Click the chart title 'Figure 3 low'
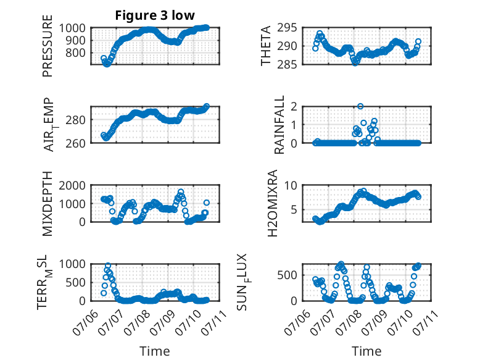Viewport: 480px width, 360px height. click(x=155, y=15)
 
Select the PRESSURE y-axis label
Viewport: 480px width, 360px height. click(x=48, y=46)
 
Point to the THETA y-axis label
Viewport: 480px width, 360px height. click(x=266, y=46)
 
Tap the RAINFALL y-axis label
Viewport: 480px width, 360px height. click(x=279, y=124)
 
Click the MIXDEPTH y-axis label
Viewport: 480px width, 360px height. click(x=48, y=203)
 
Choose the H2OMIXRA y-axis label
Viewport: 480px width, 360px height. click(x=272, y=203)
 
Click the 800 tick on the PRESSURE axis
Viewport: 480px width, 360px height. click(x=76, y=52)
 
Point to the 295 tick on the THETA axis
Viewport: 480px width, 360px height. click(x=287, y=28)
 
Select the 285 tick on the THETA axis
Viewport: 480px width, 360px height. click(x=287, y=64)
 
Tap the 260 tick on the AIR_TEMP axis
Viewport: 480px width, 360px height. click(x=76, y=143)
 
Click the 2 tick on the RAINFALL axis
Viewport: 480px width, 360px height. click(x=294, y=106)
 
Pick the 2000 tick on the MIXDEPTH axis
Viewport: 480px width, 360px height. click(x=73, y=185)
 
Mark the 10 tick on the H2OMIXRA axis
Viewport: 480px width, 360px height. click(x=291, y=185)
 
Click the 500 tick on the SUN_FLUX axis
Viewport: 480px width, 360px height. click(x=287, y=275)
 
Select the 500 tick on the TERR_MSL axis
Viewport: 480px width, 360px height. click(x=76, y=282)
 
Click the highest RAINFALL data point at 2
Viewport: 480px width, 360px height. click(x=360, y=106)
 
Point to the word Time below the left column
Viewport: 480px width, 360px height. click(x=155, y=351)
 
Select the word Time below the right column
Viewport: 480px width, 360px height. click(x=366, y=351)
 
